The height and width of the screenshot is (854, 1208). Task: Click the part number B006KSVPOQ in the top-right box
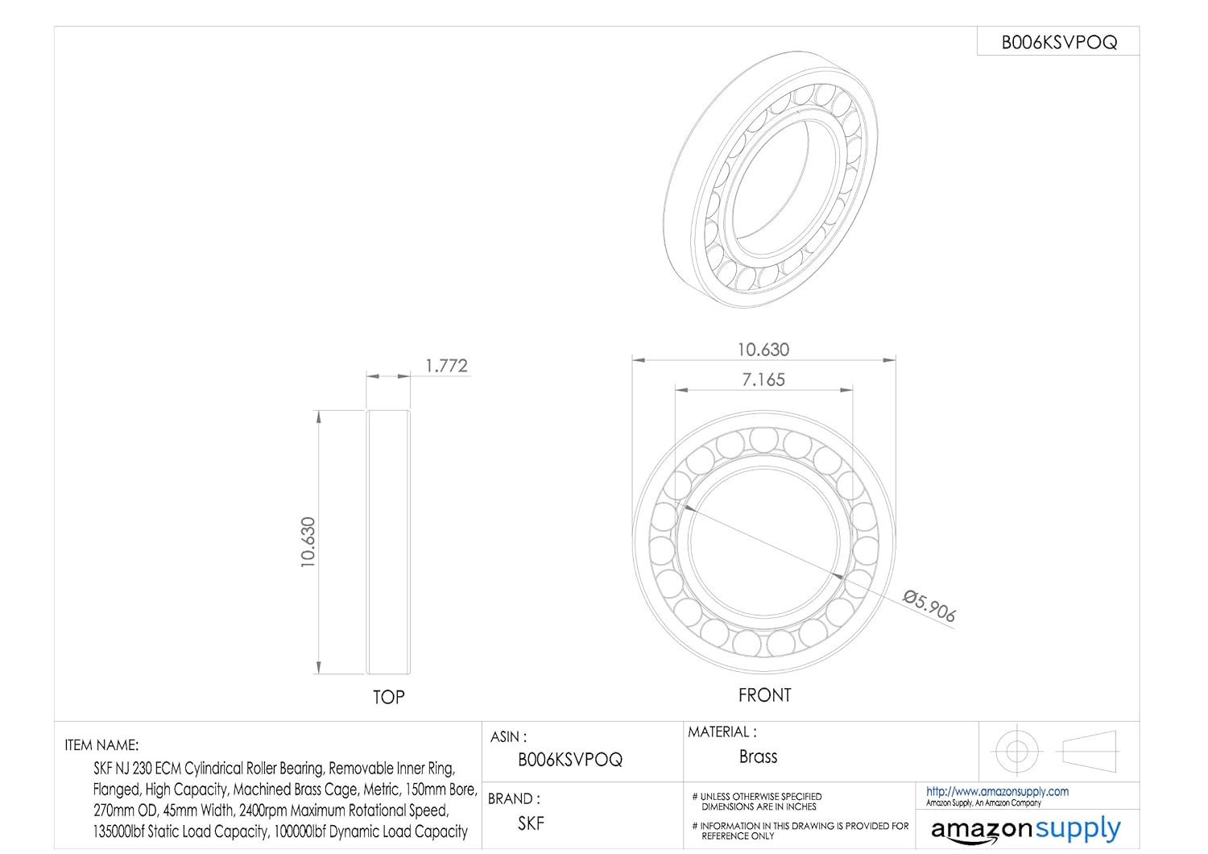[x=1058, y=43]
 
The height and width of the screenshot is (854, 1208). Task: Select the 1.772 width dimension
[x=446, y=366]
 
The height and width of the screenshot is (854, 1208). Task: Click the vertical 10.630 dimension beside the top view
[x=308, y=542]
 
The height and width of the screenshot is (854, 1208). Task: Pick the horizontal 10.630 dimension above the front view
[x=763, y=350]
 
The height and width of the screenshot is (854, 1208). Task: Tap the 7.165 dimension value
[x=763, y=379]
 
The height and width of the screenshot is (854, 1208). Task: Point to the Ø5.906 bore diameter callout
[x=929, y=607]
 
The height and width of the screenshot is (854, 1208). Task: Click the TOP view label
[x=388, y=697]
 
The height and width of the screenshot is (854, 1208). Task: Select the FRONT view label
[x=764, y=695]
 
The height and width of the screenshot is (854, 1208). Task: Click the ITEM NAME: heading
[x=101, y=745]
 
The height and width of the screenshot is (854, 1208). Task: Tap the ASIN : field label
[x=509, y=736]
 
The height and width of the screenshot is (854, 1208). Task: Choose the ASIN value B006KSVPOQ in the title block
[x=570, y=760]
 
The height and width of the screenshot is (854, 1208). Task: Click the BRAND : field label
[x=514, y=798]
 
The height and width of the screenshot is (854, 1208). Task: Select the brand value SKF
[x=531, y=823]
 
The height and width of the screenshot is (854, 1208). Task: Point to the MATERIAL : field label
[x=722, y=732]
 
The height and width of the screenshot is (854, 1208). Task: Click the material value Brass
[x=758, y=757]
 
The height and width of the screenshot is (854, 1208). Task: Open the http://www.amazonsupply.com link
[x=997, y=791]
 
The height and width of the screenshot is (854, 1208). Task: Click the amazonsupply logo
[x=1025, y=829]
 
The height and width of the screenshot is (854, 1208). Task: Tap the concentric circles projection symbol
[x=1016, y=751]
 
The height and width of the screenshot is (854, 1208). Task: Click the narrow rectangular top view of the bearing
[x=388, y=542]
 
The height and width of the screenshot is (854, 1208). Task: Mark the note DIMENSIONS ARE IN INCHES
[x=759, y=806]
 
